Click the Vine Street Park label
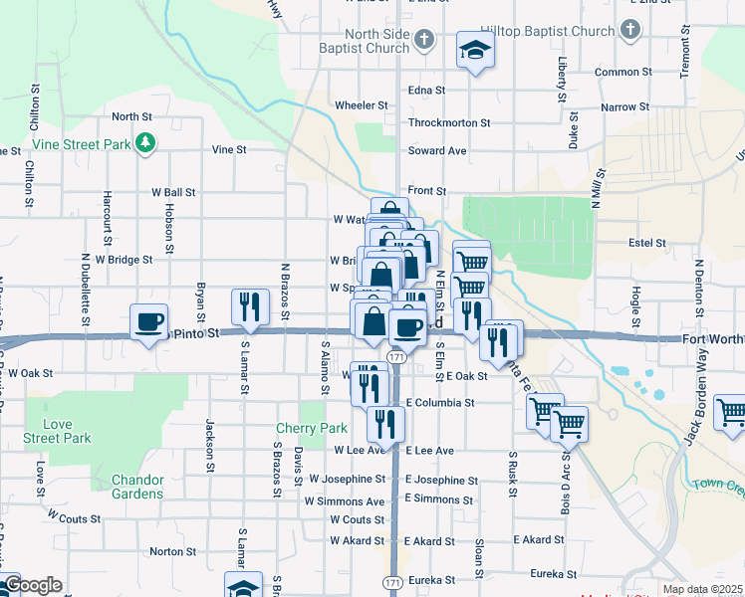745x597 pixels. [82, 144]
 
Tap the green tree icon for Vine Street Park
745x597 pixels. [146, 143]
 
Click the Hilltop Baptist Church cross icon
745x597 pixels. [629, 32]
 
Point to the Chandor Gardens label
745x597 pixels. [124, 487]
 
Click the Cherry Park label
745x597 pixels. [312, 429]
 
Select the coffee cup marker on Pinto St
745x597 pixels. [149, 322]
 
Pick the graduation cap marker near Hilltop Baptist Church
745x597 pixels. [476, 49]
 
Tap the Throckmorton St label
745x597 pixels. [449, 123]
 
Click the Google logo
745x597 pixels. [32, 585]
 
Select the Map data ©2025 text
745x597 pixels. [701, 589]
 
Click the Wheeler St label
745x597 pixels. [361, 104]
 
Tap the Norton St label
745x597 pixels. [172, 551]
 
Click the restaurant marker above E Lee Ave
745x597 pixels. [383, 424]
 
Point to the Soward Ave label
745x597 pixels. [437, 151]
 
